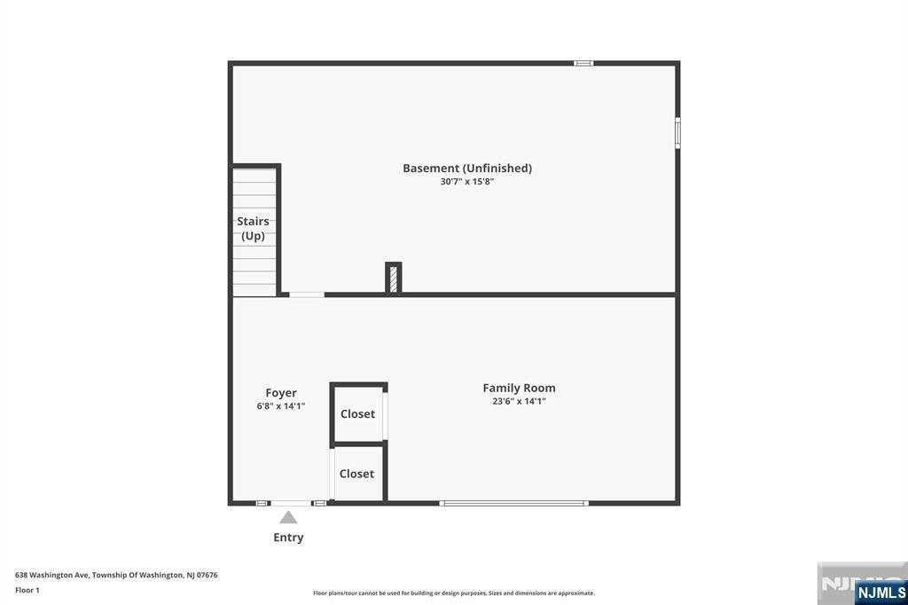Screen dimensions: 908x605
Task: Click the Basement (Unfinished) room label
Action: (467, 168)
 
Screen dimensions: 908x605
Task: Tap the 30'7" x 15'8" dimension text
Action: (466, 181)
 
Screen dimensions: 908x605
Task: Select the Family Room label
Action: (519, 388)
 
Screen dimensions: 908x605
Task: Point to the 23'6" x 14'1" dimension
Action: (519, 401)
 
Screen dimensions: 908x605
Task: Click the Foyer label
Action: (281, 393)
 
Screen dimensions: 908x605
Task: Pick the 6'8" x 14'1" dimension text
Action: (281, 406)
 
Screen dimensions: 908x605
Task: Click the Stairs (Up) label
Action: (253, 228)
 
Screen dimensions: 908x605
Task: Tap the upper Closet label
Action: (357, 413)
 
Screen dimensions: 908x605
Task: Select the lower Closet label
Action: (356, 474)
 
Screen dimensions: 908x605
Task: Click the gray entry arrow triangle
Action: (288, 517)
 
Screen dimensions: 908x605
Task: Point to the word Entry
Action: (288, 538)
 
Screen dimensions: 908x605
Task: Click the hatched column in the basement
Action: (394, 279)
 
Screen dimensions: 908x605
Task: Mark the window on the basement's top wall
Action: (583, 63)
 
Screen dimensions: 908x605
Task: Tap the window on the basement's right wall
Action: (677, 133)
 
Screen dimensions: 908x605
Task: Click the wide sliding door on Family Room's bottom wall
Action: (513, 504)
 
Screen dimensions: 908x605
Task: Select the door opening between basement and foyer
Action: (307, 295)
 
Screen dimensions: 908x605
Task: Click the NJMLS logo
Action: (881, 592)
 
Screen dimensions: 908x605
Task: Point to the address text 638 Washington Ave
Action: (52, 575)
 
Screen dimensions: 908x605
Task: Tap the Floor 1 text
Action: (27, 590)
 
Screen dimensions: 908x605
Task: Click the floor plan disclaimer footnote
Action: (454, 593)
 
